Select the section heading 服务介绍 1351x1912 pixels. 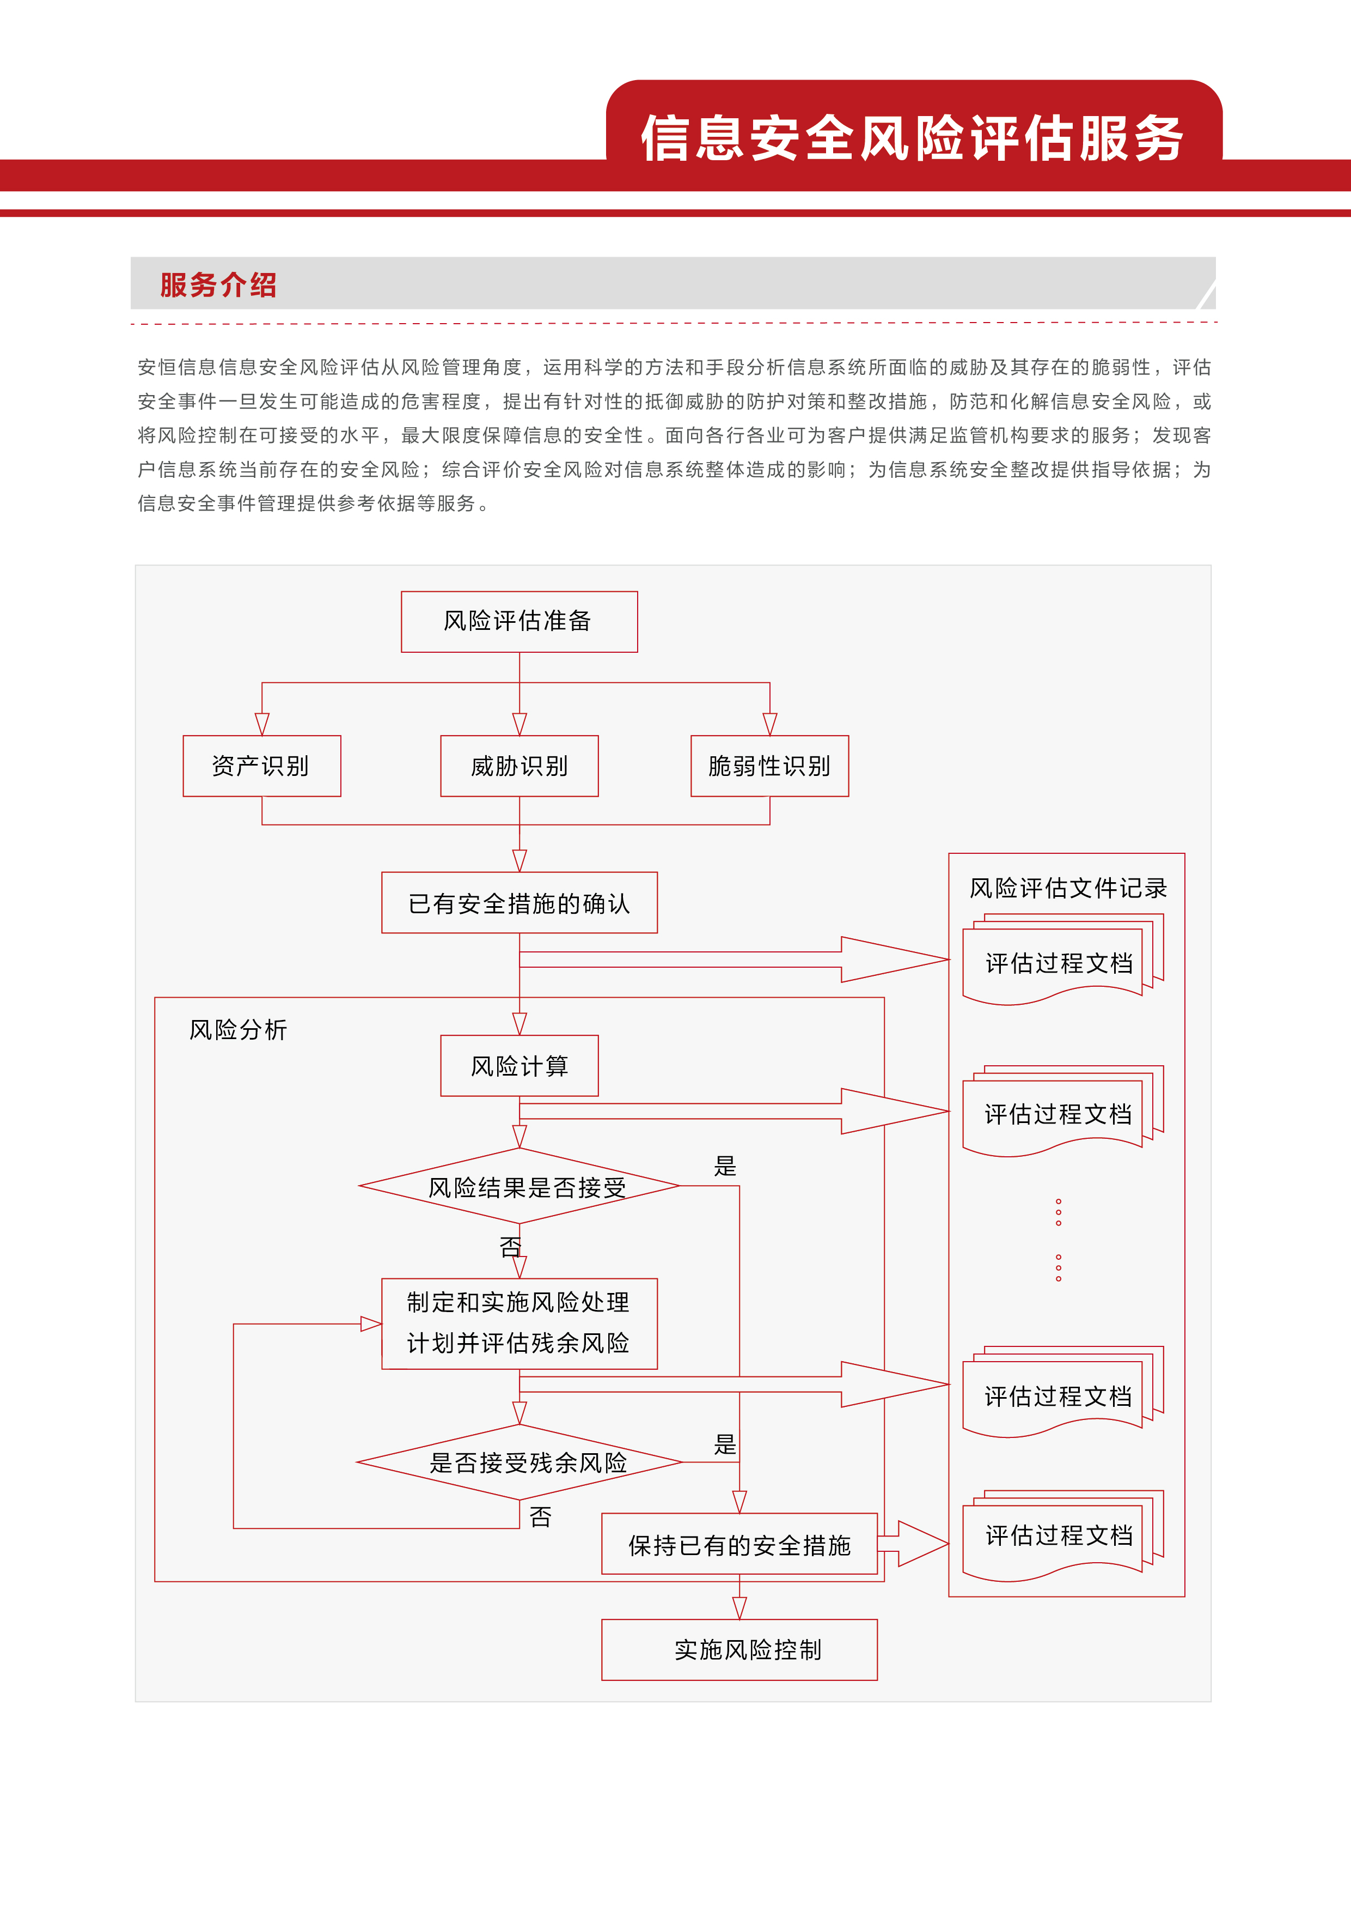coord(218,285)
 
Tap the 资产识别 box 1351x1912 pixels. coord(261,766)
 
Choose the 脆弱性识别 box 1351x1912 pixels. coord(769,766)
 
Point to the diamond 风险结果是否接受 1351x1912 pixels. coord(520,1187)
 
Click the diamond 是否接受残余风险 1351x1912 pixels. coord(520,1462)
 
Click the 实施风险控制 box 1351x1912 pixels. coord(739,1650)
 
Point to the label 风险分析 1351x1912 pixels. coord(238,1030)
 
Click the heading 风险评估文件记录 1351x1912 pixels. coord(1067,889)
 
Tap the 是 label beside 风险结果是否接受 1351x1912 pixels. coord(725,1167)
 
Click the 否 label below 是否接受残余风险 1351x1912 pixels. coord(540,1518)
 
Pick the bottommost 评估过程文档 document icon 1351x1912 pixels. coord(1059,1535)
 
